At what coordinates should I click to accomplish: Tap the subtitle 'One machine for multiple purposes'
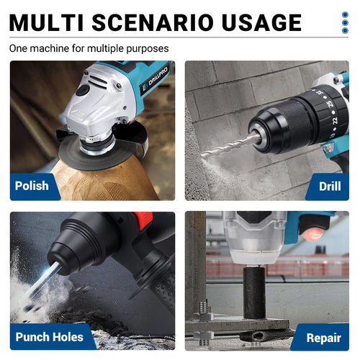pyautogui.click(x=89, y=49)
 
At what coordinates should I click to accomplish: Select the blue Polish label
pyautogui.click(x=33, y=186)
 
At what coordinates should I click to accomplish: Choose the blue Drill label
pyautogui.click(x=329, y=186)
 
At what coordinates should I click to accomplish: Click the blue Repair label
pyautogui.click(x=323, y=336)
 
